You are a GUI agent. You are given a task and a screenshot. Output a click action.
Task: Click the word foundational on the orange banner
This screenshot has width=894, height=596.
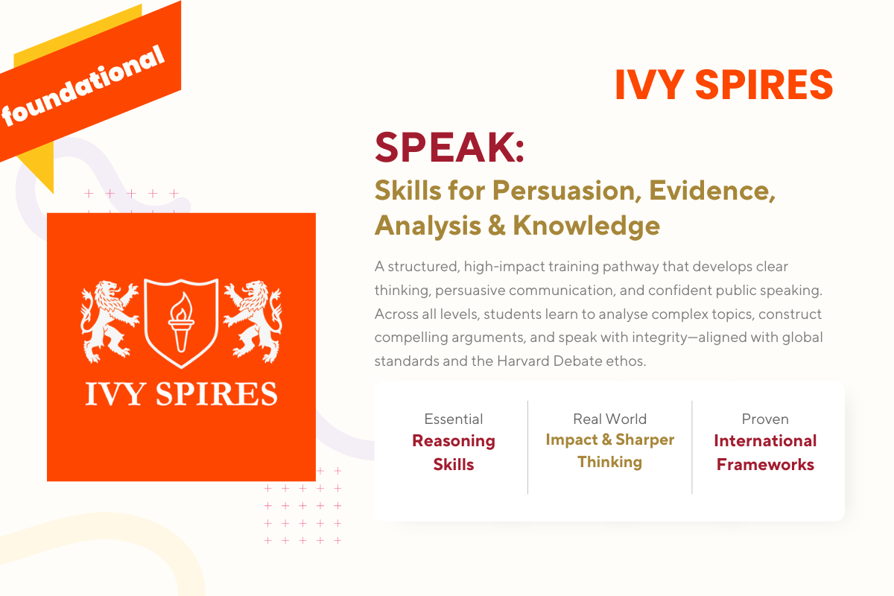pyautogui.click(x=83, y=87)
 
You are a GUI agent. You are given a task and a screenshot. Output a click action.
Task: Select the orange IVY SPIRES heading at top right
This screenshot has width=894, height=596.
pyautogui.click(x=723, y=85)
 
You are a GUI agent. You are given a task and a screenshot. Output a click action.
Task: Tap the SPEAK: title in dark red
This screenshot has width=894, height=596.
pyautogui.click(x=449, y=148)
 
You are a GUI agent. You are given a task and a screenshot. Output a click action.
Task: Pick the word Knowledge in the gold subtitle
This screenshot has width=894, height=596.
pyautogui.click(x=586, y=225)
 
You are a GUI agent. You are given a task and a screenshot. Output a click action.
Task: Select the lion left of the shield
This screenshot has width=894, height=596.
pyautogui.click(x=110, y=318)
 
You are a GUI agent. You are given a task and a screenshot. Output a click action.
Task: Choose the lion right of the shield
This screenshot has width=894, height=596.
pyautogui.click(x=253, y=318)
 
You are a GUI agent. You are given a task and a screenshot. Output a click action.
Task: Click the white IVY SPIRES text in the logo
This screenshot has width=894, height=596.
pyautogui.click(x=181, y=393)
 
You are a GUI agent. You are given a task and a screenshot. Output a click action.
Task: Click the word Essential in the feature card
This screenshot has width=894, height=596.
pyautogui.click(x=453, y=419)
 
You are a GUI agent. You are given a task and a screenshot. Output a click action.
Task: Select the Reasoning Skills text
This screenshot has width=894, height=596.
pyautogui.click(x=453, y=452)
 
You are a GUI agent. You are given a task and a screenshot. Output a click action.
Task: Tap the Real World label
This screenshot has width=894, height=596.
pyautogui.click(x=609, y=419)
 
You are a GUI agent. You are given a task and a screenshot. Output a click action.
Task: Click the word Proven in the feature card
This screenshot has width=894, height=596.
pyautogui.click(x=765, y=419)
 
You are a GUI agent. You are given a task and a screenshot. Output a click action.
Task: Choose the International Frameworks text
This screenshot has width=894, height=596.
pyautogui.click(x=765, y=452)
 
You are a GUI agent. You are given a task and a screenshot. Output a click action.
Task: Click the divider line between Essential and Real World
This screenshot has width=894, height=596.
pyautogui.click(x=527, y=447)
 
